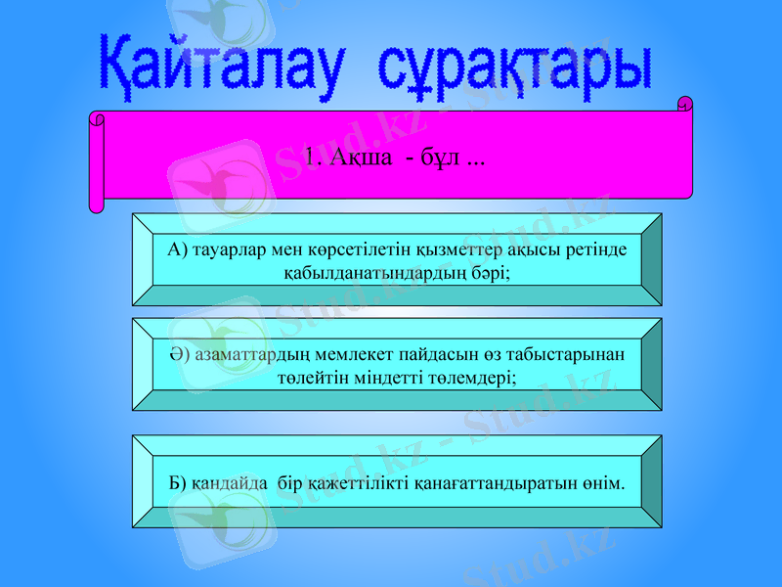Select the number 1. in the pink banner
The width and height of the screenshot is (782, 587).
[x=312, y=157]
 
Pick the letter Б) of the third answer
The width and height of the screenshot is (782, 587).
[x=177, y=482]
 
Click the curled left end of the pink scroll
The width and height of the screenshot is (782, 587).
[x=96, y=161]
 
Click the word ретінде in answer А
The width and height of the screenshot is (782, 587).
[x=595, y=249]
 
